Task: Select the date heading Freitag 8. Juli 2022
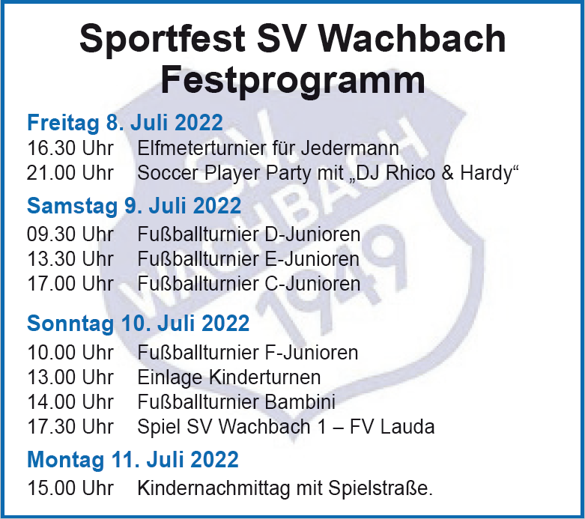click(125, 123)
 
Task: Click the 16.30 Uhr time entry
click(70, 148)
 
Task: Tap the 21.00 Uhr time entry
click(70, 173)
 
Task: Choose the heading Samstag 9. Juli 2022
click(134, 206)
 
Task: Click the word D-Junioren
click(312, 234)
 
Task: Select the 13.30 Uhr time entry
click(70, 259)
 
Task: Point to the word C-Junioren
click(312, 284)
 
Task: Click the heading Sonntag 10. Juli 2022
click(138, 323)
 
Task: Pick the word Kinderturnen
click(264, 377)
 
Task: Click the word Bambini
click(300, 402)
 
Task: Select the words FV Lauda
click(392, 427)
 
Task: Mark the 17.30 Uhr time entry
click(70, 427)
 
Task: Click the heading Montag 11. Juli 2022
click(133, 459)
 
